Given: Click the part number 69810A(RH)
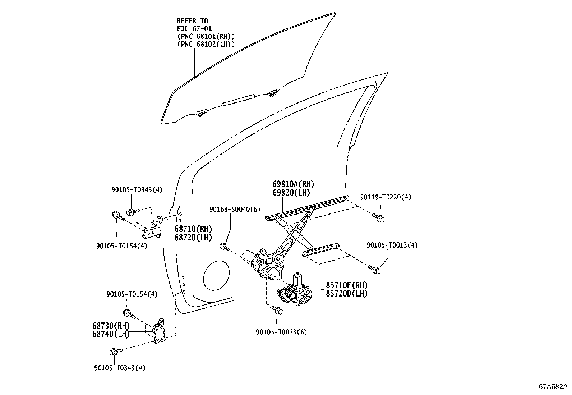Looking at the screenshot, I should point(293,184).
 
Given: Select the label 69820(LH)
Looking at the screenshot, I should point(291,193).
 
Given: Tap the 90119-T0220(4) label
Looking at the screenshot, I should point(386,197).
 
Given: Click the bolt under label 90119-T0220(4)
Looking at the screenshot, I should point(379,217).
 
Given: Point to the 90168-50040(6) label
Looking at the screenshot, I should point(235,209).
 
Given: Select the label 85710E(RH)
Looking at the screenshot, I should point(347,285).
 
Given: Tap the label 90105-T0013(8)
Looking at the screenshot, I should point(281,332).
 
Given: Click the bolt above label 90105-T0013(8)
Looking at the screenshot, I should point(276,309).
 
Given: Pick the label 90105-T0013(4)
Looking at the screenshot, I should point(392,245).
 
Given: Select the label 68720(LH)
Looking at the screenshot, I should point(193,237).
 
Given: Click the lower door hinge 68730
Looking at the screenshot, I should point(158,331).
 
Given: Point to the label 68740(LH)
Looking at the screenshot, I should point(111,334).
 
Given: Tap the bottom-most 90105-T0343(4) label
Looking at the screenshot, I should point(120,368).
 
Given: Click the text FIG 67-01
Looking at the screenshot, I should point(194,28).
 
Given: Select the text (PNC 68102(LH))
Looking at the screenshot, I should point(206,44).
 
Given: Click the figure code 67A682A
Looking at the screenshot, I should point(553,387).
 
